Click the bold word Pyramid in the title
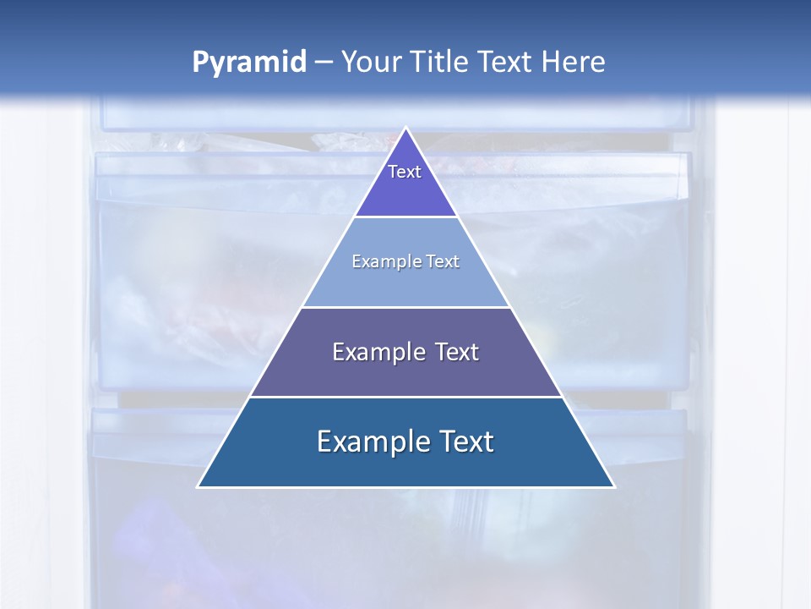(x=248, y=63)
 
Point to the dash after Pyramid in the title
(x=324, y=63)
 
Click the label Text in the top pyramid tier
(x=405, y=172)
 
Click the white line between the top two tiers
(x=405, y=217)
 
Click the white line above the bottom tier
(x=405, y=397)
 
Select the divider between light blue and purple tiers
(x=405, y=307)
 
